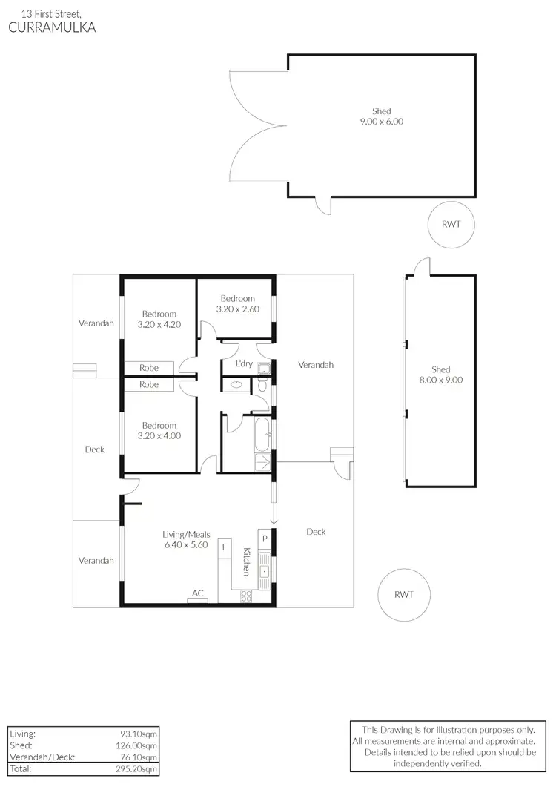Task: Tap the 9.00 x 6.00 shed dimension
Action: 381,122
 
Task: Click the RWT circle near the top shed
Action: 451,224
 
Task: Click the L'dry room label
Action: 243,364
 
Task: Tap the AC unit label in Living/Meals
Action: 198,593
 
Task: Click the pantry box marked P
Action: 264,537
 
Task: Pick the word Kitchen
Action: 246,562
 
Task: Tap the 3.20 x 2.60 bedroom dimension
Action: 237,309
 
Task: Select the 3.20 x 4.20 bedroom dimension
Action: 159,324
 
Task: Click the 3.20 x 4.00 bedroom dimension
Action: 159,436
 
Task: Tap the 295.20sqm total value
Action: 138,769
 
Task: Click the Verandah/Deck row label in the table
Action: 34,757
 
